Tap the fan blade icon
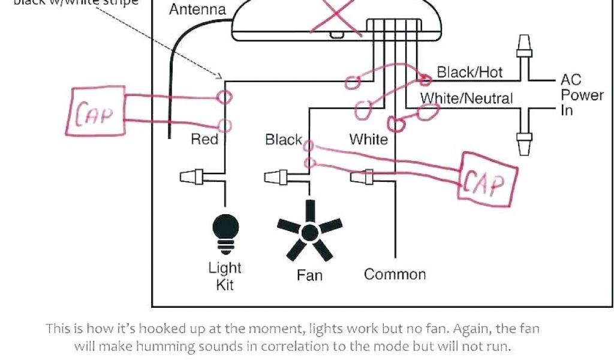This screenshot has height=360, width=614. point(309,232)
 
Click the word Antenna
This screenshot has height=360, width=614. point(197,10)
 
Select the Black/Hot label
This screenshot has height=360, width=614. point(469,73)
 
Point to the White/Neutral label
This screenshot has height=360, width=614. point(466,98)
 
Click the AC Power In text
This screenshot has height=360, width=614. point(581,95)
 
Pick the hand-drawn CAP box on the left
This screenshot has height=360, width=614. point(95,112)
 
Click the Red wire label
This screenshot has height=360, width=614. point(204,140)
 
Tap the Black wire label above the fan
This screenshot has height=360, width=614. point(284,140)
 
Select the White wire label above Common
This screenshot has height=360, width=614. point(368,140)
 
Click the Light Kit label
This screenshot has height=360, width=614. point(225,276)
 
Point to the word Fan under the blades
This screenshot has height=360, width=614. point(309,275)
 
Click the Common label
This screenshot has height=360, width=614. point(395,274)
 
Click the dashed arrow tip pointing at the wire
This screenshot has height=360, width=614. point(221,77)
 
